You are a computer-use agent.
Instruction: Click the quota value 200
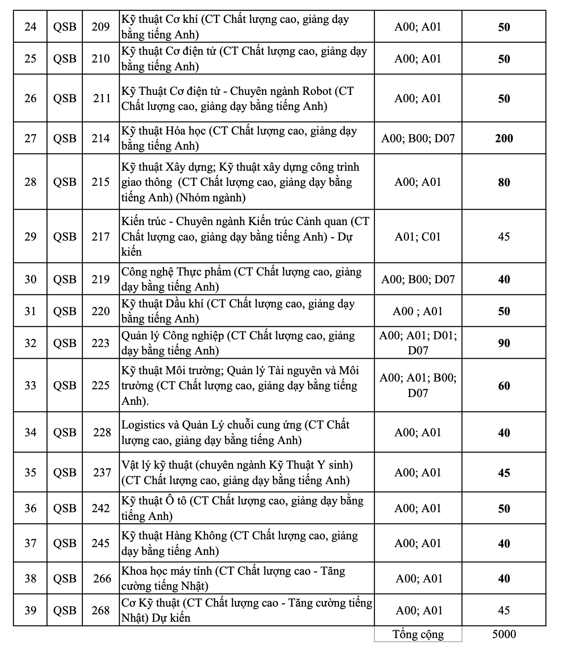[x=504, y=138]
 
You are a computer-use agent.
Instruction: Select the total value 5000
[x=504, y=634]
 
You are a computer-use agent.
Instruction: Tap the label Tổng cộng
[x=418, y=634]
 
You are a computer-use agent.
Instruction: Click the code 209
[x=100, y=27]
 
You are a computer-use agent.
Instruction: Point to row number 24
[x=30, y=27]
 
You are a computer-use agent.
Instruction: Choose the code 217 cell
[x=100, y=237]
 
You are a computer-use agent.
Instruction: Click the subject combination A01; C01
[x=418, y=237]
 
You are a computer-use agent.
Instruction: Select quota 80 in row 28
[x=504, y=182]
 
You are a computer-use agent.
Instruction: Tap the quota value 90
[x=504, y=343]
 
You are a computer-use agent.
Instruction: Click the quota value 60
[x=504, y=386]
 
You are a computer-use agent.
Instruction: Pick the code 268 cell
[x=100, y=610]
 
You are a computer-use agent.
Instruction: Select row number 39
[x=30, y=610]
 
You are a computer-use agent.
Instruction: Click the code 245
[x=100, y=543]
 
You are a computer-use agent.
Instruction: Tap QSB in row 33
[x=65, y=385]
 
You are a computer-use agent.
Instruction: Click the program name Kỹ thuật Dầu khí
[x=162, y=304]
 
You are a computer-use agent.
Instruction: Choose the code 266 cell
[x=102, y=579]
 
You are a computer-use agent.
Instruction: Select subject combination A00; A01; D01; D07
[x=418, y=343]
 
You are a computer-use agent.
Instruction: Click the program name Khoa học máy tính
[x=166, y=571]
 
